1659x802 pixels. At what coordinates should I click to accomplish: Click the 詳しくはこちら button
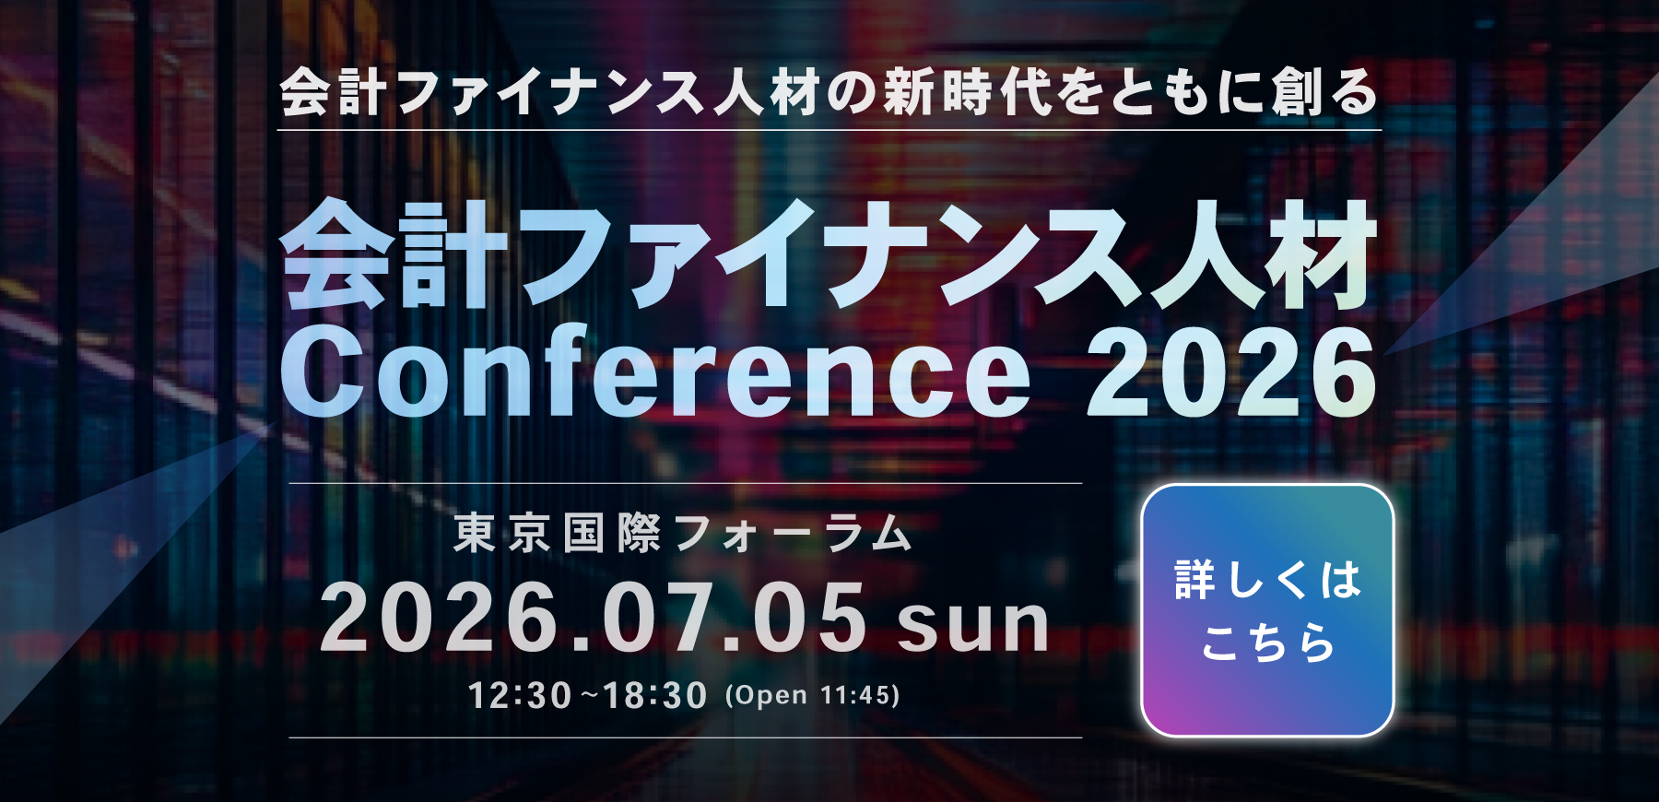coord(1267,610)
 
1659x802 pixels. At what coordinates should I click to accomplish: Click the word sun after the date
coord(973,623)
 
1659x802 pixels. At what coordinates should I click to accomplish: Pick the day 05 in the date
coord(810,618)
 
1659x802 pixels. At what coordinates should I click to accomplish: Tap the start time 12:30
coord(520,695)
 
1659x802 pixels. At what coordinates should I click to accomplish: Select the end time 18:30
coord(655,695)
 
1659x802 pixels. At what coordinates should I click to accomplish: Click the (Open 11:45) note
coord(813,695)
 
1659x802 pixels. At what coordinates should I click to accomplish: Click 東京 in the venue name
coord(502,534)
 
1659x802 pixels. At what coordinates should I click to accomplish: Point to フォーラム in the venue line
coord(794,534)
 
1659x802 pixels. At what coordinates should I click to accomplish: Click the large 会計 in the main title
coord(394,255)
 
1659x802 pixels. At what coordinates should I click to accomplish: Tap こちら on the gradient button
coord(1268,643)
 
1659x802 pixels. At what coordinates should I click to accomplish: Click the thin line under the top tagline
coord(829,130)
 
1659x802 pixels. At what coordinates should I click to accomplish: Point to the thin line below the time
coord(686,737)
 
